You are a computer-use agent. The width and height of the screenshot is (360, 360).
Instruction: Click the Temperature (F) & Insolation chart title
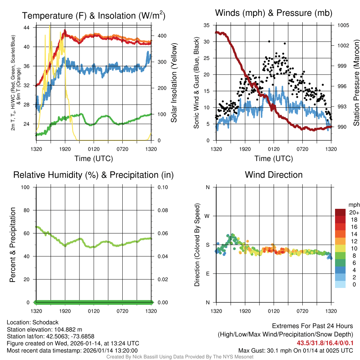click(x=94, y=16)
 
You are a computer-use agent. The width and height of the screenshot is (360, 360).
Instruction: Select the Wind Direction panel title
click(x=274, y=175)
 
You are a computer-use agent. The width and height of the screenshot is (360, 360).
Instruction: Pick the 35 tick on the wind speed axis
click(x=206, y=25)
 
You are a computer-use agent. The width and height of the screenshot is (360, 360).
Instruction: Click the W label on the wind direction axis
click(x=207, y=216)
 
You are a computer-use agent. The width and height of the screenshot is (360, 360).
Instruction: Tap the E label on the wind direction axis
click(x=207, y=274)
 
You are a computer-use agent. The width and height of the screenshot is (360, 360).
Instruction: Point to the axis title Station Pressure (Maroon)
click(x=356, y=83)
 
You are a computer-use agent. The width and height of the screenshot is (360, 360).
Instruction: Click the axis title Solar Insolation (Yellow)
click(x=174, y=83)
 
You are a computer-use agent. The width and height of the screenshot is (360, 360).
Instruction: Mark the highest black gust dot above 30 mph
click(x=269, y=41)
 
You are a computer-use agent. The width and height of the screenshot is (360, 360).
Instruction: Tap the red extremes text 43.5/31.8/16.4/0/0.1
click(x=325, y=343)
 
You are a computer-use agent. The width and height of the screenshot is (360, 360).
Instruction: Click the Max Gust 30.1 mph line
click(x=295, y=350)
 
